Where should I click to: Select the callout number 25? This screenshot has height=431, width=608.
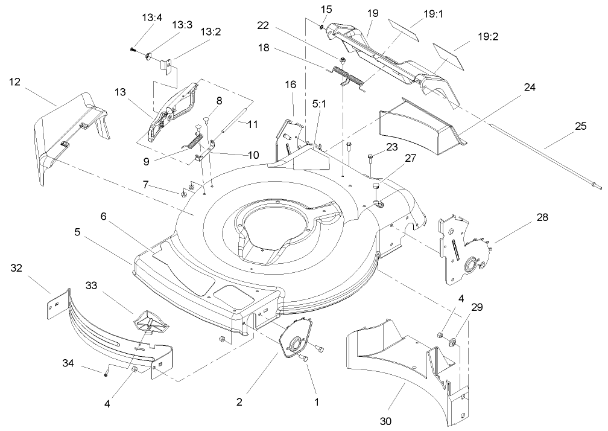tap(580, 126)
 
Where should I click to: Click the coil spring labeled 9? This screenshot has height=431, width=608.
tap(192, 142)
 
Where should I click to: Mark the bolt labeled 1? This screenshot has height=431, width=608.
tap(304, 359)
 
